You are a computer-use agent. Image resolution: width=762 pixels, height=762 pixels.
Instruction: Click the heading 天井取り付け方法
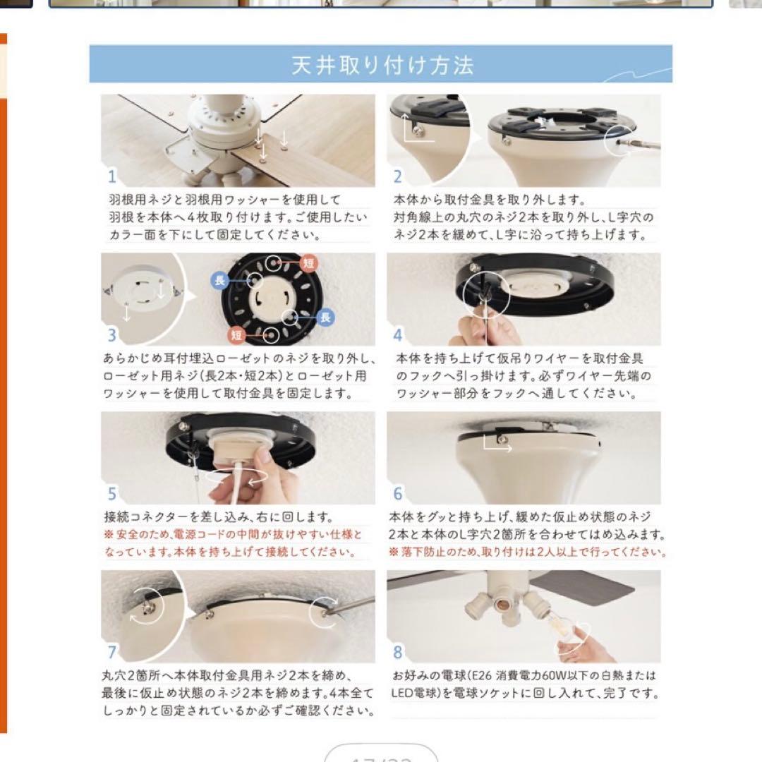tap(382, 66)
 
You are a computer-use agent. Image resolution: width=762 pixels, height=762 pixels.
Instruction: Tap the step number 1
tap(112, 176)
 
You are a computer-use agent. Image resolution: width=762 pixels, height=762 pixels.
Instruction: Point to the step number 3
tap(112, 335)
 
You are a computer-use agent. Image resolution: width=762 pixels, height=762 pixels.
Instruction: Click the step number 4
tap(398, 335)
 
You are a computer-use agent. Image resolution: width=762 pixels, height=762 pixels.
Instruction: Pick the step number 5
tap(112, 494)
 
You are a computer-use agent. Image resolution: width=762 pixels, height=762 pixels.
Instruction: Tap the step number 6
tap(398, 494)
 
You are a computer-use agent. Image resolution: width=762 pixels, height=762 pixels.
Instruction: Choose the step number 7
tap(112, 652)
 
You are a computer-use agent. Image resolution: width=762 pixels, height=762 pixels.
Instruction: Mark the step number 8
tap(398, 652)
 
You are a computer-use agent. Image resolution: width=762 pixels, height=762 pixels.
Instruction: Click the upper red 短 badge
tap(308, 262)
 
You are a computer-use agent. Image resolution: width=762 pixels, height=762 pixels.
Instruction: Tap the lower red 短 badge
tap(236, 334)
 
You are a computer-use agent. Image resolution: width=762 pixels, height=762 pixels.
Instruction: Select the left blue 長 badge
tap(219, 281)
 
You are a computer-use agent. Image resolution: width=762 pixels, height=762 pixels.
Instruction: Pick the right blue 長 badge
tap(325, 317)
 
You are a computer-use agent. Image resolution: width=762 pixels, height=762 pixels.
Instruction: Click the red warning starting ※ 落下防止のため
tap(527, 551)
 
